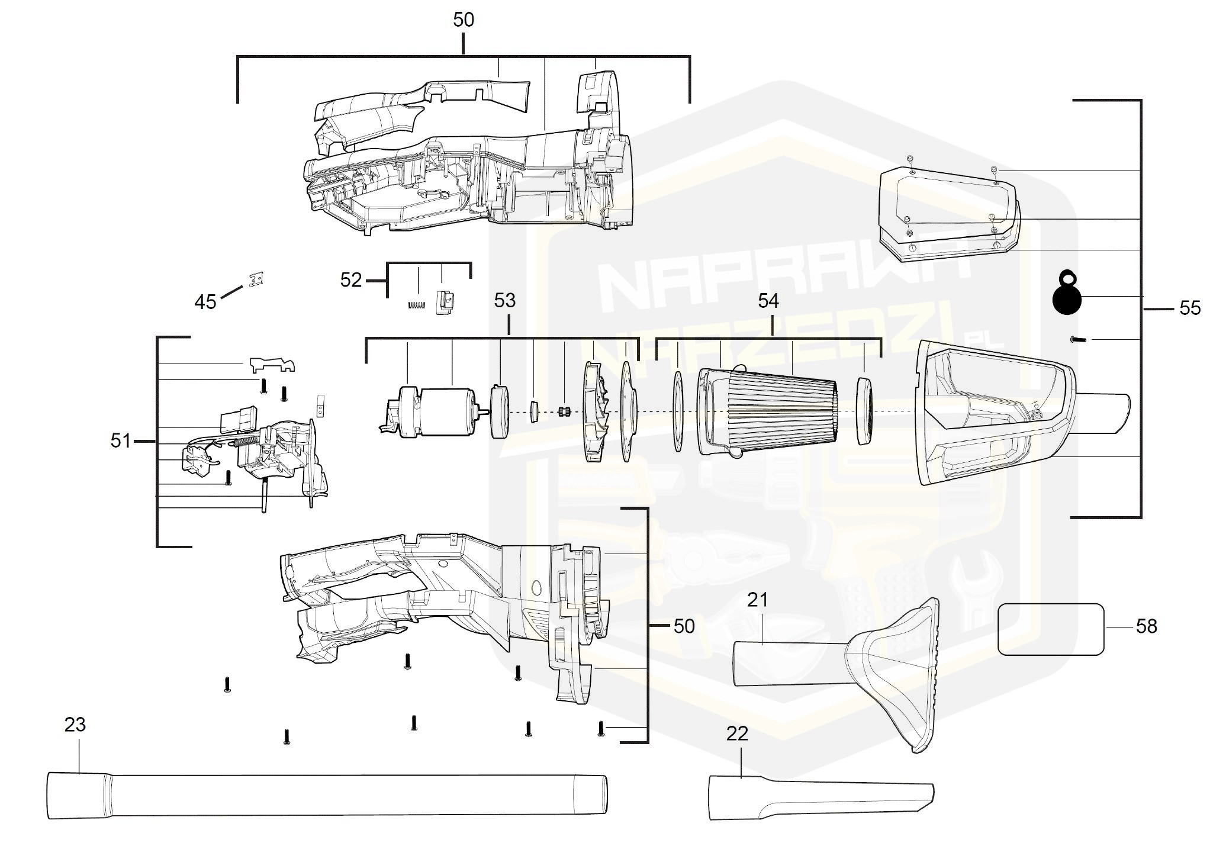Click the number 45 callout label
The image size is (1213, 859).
(205, 302)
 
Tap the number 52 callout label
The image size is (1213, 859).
(350, 279)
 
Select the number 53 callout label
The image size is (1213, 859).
(504, 301)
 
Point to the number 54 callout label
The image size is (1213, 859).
(768, 301)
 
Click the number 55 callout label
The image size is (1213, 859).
(1190, 308)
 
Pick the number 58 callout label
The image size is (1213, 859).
(1146, 626)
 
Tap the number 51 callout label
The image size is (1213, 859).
(121, 440)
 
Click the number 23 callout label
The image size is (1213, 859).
(75, 725)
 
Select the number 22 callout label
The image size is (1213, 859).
(737, 734)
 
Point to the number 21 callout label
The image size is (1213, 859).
(757, 600)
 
